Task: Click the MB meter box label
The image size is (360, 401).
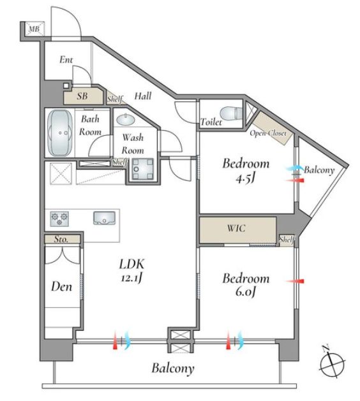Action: [x=34, y=29]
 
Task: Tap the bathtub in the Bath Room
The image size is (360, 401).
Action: [x=60, y=133]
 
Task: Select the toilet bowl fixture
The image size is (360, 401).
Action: [x=231, y=113]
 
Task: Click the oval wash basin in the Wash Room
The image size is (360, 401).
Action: [x=126, y=119]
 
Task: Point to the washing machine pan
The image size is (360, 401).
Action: [x=142, y=169]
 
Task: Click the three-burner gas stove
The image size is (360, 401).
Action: [x=59, y=219]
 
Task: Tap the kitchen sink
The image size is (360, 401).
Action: [x=104, y=218]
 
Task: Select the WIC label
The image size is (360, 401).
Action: [x=236, y=228]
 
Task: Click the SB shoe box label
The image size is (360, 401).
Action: [x=82, y=96]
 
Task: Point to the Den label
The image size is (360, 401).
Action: [x=61, y=286]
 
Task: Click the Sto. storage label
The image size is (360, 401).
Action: [x=61, y=239]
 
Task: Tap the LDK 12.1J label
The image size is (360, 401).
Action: [x=131, y=270]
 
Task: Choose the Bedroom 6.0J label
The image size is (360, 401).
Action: [x=246, y=285]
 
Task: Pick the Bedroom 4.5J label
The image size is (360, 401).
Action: [x=246, y=171]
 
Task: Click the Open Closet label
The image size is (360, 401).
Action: [x=268, y=133]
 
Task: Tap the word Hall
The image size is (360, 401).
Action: [x=143, y=96]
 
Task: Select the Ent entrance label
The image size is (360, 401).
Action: [x=66, y=59]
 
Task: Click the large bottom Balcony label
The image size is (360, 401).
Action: [x=173, y=368]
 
